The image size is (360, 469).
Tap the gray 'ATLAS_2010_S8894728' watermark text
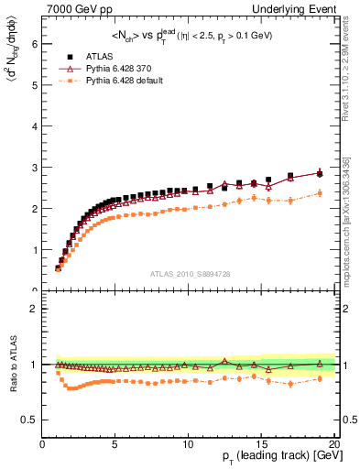188,273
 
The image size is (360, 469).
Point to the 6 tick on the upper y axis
35,43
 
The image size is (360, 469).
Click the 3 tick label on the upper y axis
35,168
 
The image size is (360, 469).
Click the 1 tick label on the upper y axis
35,250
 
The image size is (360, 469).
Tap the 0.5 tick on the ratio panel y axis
31,420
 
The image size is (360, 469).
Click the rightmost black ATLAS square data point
320,173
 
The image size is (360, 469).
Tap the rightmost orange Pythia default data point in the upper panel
320,193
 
